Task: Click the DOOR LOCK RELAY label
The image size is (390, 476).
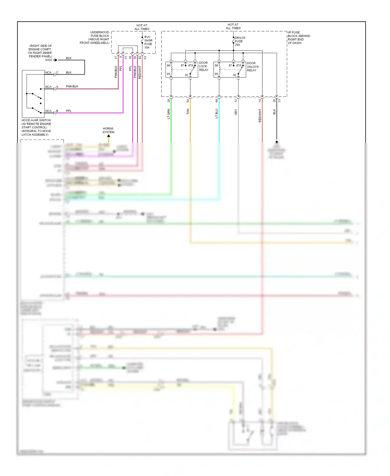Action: click(x=204, y=66)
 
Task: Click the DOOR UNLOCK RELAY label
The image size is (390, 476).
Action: click(x=252, y=67)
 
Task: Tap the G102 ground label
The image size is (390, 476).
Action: click(x=49, y=60)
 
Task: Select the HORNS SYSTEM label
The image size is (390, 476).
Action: click(x=108, y=130)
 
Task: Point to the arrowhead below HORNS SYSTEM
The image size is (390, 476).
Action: click(x=109, y=136)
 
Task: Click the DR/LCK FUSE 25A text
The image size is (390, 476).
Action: click(x=239, y=41)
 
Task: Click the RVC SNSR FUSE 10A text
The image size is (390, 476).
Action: click(x=148, y=42)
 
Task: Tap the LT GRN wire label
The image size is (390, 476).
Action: click(x=168, y=114)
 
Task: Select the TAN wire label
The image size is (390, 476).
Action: click(x=188, y=112)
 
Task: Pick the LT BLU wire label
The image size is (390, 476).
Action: click(x=217, y=114)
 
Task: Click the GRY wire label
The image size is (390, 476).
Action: click(x=236, y=112)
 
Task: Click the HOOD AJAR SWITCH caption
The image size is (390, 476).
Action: click(x=36, y=127)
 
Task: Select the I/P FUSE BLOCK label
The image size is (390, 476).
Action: click(x=298, y=38)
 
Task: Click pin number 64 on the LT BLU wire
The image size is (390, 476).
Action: click(x=217, y=101)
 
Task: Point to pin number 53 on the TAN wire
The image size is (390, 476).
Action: click(x=188, y=101)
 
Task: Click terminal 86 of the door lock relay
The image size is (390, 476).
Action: click(x=168, y=65)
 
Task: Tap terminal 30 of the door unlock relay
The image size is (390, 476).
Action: click(x=235, y=75)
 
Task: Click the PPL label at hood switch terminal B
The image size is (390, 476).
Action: click(x=69, y=111)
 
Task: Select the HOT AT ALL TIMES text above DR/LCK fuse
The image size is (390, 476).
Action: click(x=233, y=26)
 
